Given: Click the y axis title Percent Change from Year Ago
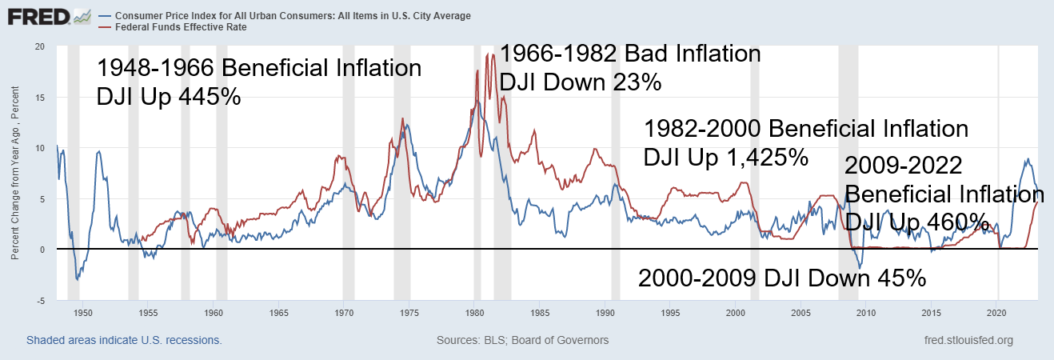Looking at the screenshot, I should tap(15, 173).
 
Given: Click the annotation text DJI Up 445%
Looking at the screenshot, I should tap(169, 97).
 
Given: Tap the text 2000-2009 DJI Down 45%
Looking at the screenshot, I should tap(781, 278).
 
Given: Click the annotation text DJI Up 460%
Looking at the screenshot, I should tap(917, 222).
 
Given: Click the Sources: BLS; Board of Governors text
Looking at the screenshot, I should tap(522, 341).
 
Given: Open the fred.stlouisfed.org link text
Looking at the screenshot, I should tap(967, 341).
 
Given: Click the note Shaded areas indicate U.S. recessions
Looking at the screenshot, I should tap(124, 341).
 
